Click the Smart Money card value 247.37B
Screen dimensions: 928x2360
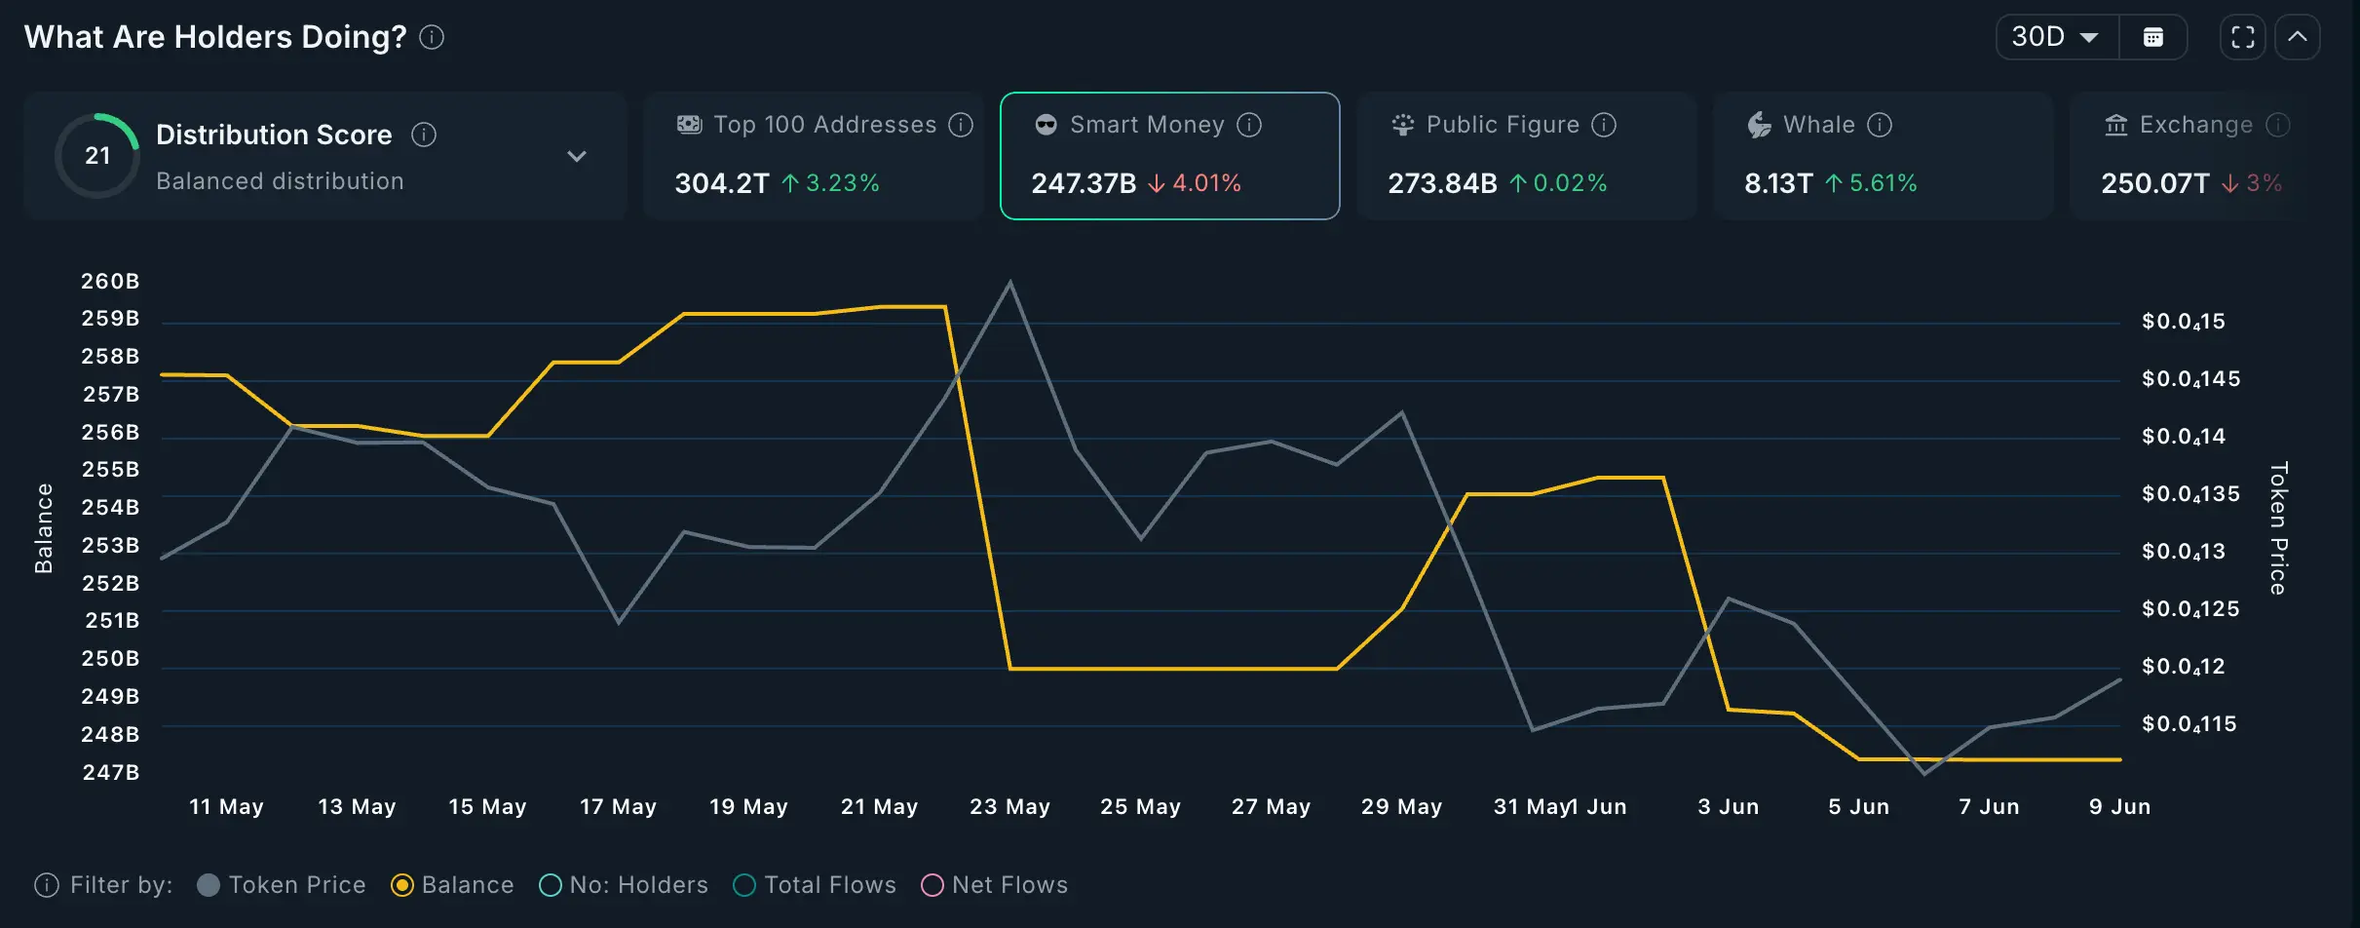point(1084,183)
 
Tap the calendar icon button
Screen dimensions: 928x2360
point(2153,37)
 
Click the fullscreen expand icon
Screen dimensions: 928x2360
point(2243,37)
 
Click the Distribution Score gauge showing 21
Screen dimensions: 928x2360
point(97,156)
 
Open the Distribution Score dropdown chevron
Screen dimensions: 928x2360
point(577,156)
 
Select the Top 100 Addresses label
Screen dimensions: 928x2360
point(824,125)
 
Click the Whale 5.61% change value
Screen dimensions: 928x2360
point(1883,183)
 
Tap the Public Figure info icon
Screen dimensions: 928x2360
point(1604,125)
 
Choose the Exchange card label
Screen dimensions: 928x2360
point(2195,125)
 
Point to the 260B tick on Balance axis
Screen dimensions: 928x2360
point(110,281)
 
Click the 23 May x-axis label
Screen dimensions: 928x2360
point(1009,807)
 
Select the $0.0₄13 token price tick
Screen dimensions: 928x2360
point(2183,552)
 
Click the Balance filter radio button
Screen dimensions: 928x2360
point(402,885)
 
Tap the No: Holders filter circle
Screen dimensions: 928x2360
point(551,885)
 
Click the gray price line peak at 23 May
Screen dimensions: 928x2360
point(1009,283)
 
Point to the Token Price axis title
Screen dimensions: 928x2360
point(2278,528)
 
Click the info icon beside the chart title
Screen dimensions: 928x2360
point(432,37)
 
